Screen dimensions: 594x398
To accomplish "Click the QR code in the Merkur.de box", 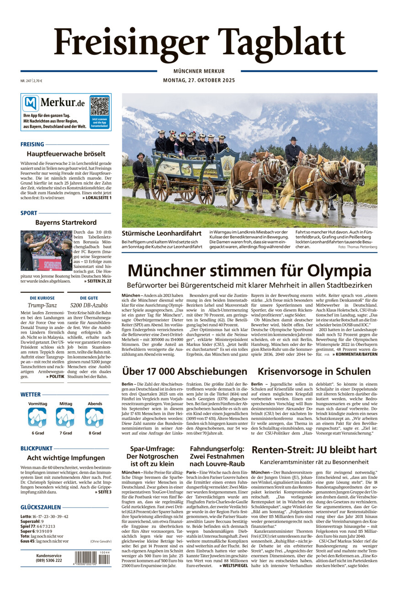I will click(x=99, y=106).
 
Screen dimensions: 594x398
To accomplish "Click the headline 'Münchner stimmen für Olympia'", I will click(x=249, y=270).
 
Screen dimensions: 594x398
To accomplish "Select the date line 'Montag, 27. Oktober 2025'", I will click(x=199, y=81).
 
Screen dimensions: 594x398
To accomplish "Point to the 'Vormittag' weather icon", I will click(x=37, y=417).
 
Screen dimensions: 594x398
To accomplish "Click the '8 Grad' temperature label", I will click(x=95, y=433).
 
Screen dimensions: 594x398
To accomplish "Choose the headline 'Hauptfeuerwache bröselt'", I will click(x=66, y=154).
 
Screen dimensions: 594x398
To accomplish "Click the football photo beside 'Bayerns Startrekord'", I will click(x=46, y=250).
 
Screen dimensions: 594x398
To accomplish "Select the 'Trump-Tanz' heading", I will click(x=42, y=305).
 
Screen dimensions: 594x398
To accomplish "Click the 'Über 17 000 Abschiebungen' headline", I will click(x=185, y=371).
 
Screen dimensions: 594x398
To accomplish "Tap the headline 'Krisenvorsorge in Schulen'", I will click(x=314, y=371).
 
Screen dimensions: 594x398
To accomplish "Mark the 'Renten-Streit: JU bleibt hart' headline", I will click(x=314, y=449).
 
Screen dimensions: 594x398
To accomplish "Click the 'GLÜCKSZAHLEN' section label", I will click(x=41, y=507).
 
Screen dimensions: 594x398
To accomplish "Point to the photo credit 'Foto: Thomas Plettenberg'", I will click(x=358, y=247).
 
